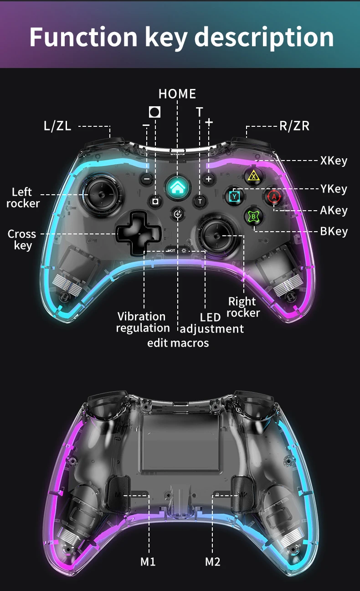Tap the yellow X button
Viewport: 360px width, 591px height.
(x=253, y=176)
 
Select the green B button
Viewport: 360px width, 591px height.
(x=253, y=216)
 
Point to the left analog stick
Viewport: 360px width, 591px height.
(x=102, y=194)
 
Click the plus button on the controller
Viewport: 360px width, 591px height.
(x=209, y=179)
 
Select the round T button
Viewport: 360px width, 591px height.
(x=200, y=201)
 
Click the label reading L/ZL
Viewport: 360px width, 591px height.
(x=57, y=126)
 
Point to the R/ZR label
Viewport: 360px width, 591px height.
(x=294, y=126)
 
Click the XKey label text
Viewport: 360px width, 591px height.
(x=334, y=161)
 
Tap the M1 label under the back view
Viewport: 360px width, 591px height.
(x=148, y=561)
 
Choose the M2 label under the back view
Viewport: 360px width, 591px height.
(x=212, y=561)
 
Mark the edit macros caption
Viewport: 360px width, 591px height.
(x=178, y=342)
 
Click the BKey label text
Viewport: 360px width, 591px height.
(x=334, y=231)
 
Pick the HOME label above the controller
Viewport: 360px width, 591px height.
(x=177, y=94)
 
